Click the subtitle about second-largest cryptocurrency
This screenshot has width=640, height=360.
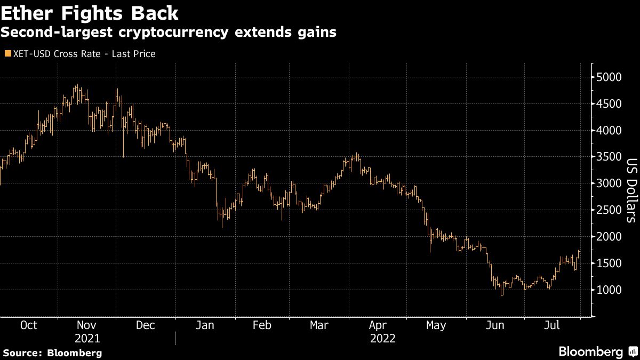pyautogui.click(x=168, y=33)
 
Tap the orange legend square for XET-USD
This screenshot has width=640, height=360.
pyautogui.click(x=7, y=54)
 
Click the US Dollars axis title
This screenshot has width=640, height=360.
pyautogui.click(x=630, y=190)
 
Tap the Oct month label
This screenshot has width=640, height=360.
pyautogui.click(x=28, y=325)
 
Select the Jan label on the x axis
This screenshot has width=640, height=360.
pyautogui.click(x=204, y=325)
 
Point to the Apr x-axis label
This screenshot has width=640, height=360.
pyautogui.click(x=378, y=325)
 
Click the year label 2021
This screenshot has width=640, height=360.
pyautogui.click(x=87, y=338)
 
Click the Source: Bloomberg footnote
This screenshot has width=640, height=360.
pyautogui.click(x=52, y=353)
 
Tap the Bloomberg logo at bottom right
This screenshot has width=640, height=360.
pyautogui.click(x=597, y=351)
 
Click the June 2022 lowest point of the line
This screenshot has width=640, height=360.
pyautogui.click(x=501, y=294)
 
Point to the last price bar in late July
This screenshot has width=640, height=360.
pyautogui.click(x=580, y=253)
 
